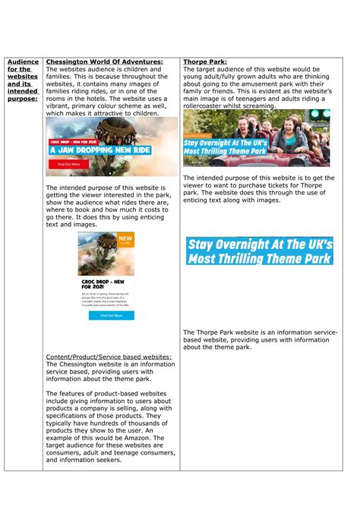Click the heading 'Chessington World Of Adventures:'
pyautogui.click(x=104, y=61)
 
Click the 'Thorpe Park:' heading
pyautogui.click(x=205, y=61)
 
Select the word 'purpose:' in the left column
pyautogui.click(x=22, y=99)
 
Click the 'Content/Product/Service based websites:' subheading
pyautogui.click(x=109, y=356)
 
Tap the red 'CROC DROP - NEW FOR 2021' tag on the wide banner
pyautogui.click(x=71, y=142)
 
